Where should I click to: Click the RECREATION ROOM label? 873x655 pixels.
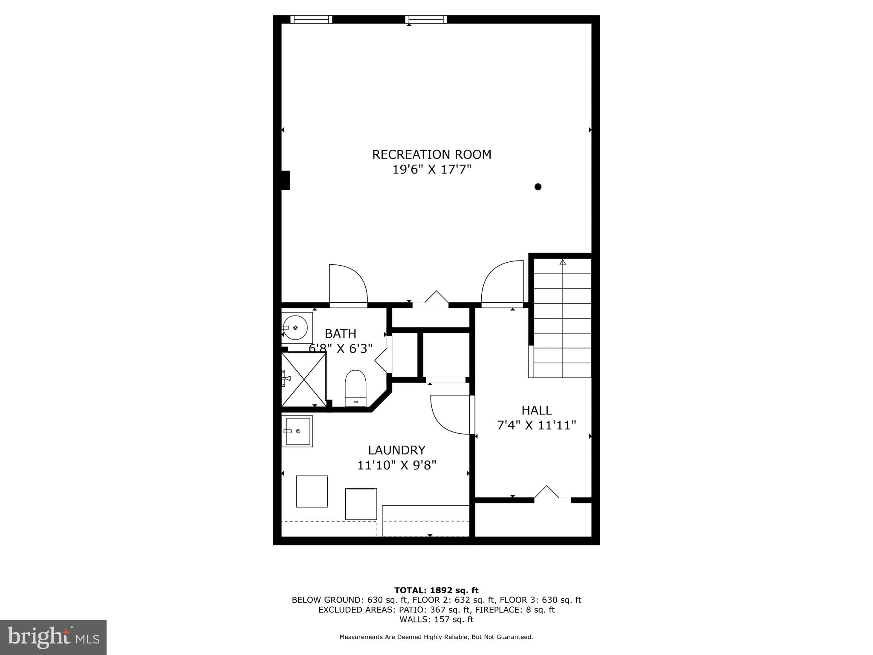[431, 154]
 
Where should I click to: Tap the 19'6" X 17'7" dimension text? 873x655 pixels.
[431, 170]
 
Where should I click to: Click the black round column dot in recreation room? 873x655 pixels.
[538, 187]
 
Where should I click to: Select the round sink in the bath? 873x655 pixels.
[295, 327]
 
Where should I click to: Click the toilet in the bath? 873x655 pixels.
[356, 387]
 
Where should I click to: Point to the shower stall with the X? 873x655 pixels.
[304, 379]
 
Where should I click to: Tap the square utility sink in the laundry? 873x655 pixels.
[297, 431]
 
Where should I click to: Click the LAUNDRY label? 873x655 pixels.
[396, 450]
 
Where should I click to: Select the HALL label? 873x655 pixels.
[537, 410]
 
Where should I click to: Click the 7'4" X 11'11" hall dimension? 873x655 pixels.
[537, 425]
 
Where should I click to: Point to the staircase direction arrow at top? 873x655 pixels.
[563, 262]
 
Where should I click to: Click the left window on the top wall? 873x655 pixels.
[311, 19]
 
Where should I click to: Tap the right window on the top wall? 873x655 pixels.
[426, 19]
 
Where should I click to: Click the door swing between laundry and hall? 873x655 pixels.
[450, 414]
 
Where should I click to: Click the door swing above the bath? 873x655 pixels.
[347, 284]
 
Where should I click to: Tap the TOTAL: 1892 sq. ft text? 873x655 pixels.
[436, 590]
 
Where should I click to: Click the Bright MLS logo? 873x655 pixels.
[53, 637]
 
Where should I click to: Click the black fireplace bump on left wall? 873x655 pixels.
[285, 180]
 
